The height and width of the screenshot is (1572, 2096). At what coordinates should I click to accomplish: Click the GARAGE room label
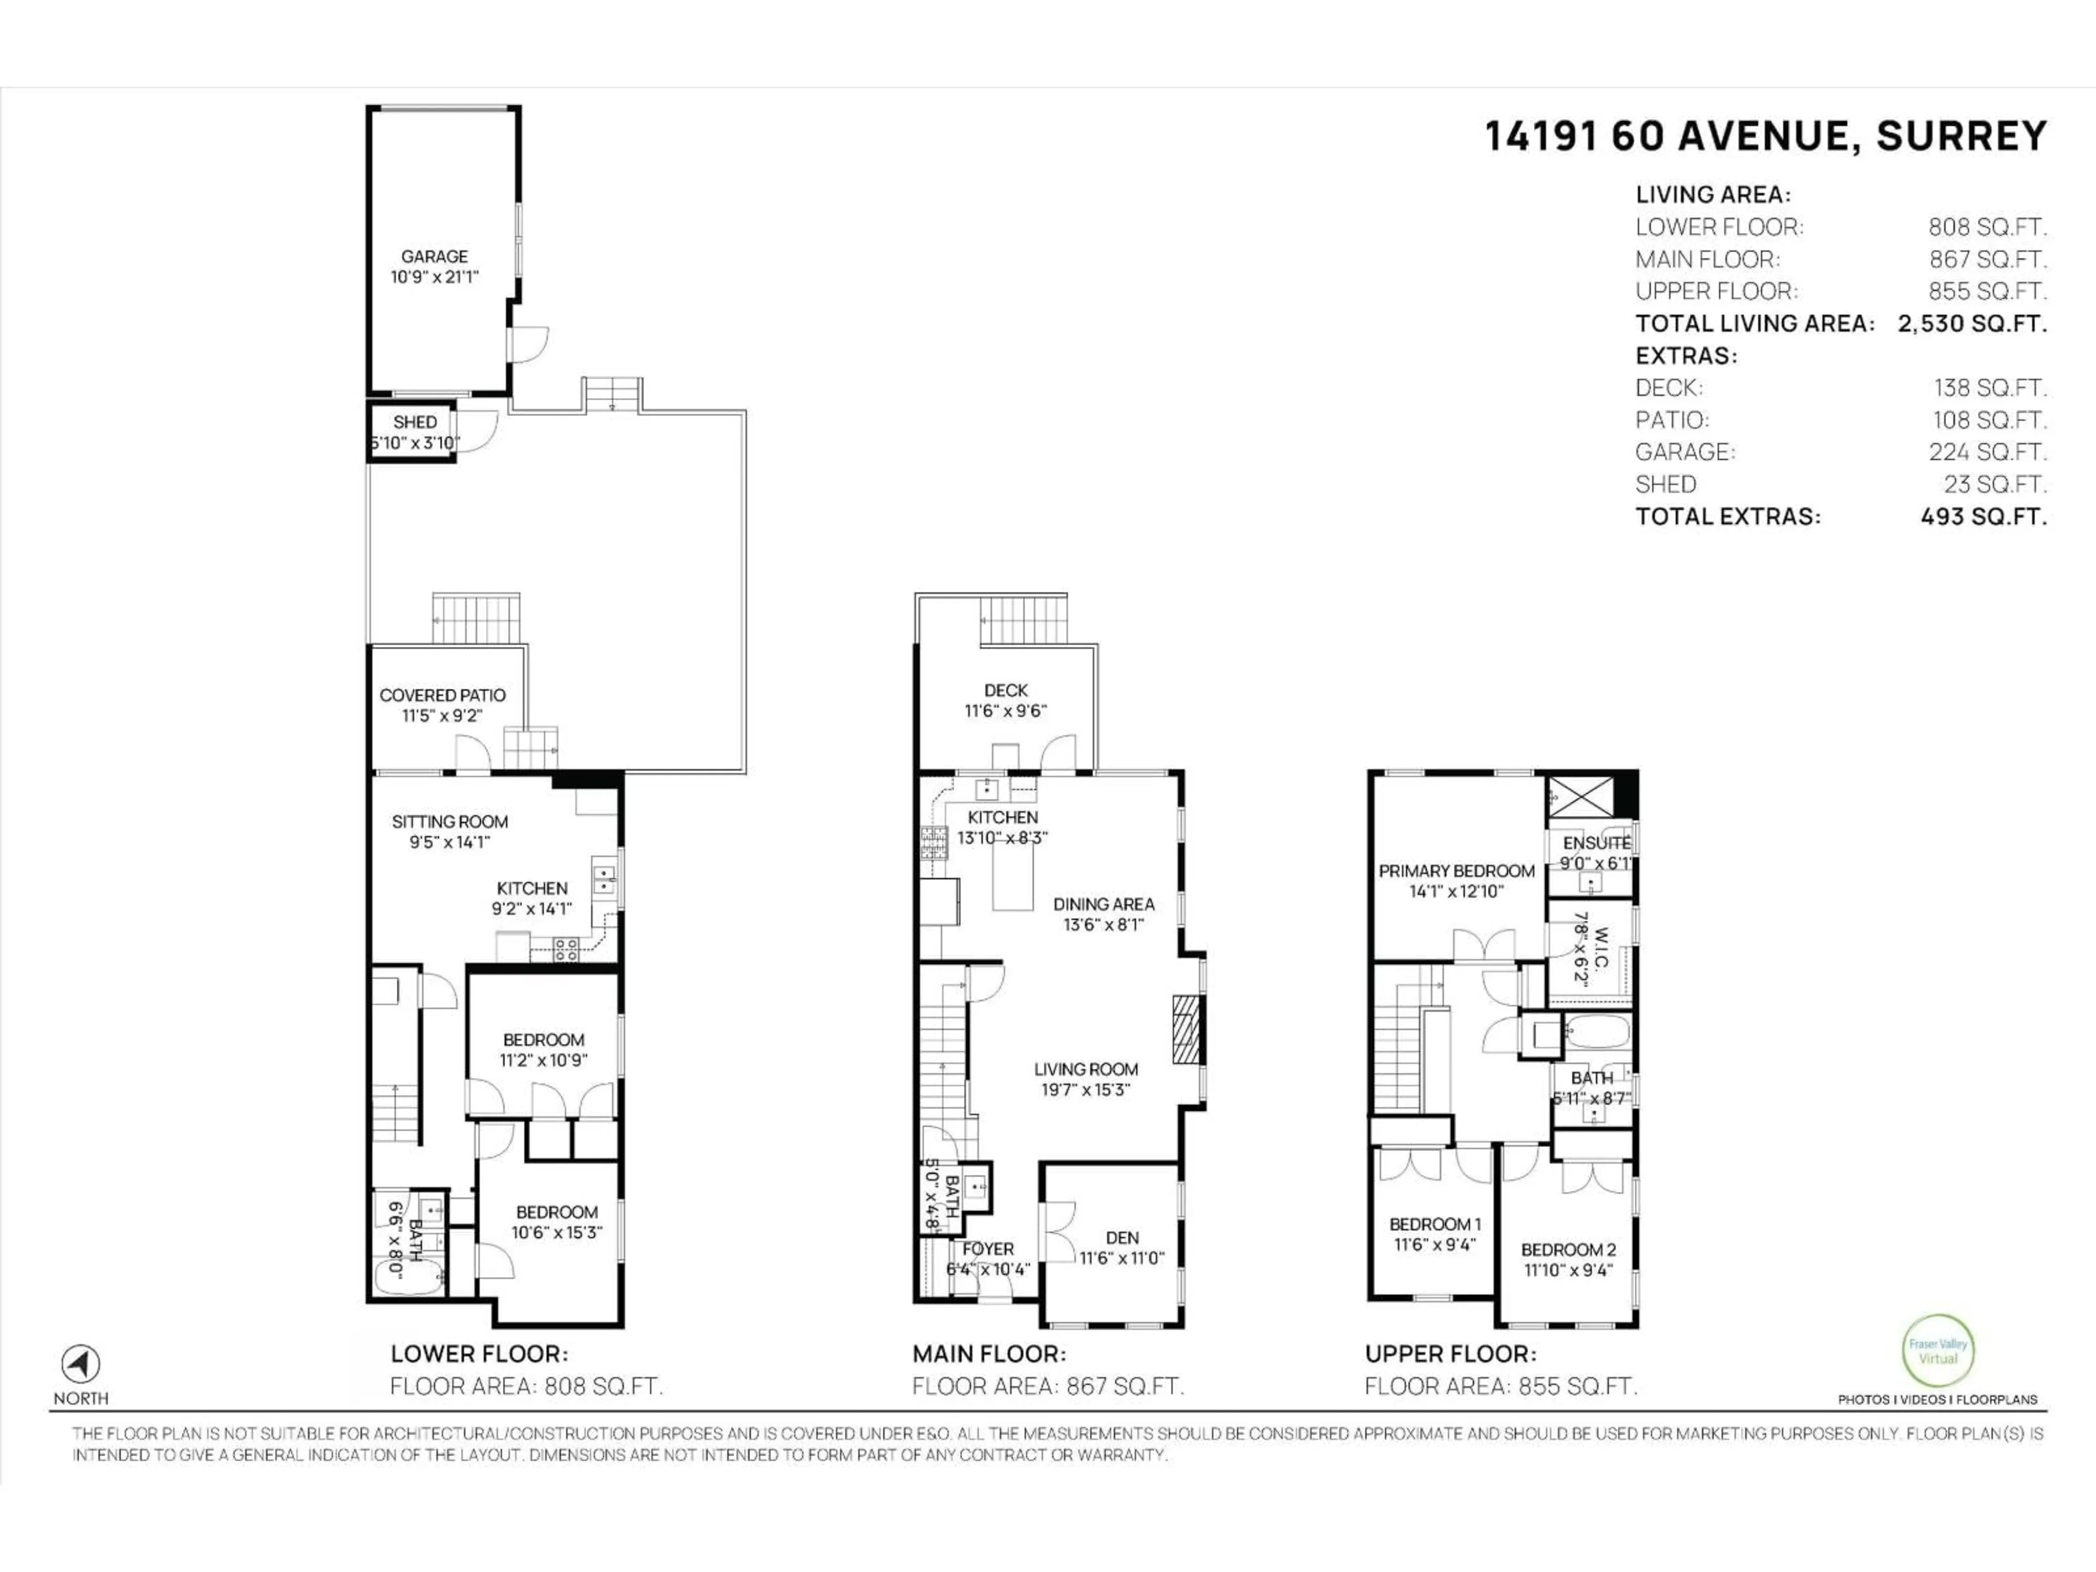434,256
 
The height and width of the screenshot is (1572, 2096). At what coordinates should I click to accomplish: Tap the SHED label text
415,422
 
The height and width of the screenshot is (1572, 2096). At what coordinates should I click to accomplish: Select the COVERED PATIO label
443,694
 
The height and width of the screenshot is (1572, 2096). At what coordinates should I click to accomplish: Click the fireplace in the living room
1186,1029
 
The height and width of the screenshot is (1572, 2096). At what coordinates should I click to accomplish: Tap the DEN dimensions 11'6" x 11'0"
1122,1258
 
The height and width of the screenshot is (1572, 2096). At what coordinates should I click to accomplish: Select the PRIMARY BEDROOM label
1456,871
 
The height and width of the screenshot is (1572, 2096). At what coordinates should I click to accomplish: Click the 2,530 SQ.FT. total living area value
1972,323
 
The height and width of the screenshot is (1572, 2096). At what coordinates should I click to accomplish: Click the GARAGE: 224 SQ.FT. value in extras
1987,452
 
